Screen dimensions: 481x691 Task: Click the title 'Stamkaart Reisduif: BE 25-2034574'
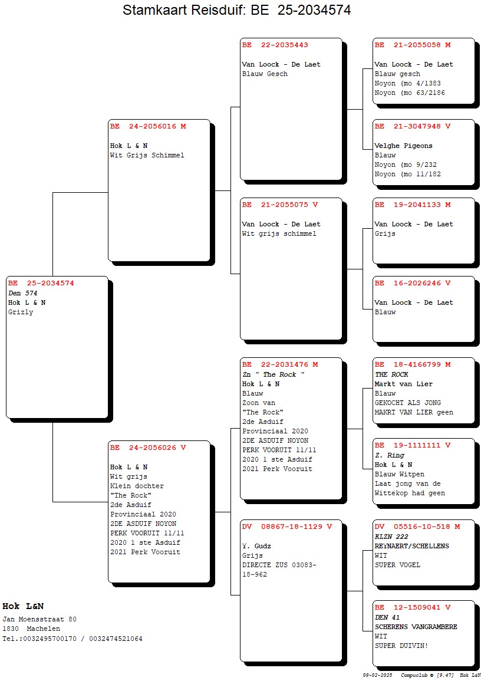[236, 9]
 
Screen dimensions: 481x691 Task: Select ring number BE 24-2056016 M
[148, 126]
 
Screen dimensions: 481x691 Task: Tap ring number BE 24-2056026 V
[148, 447]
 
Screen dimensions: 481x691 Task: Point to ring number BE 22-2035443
[275, 45]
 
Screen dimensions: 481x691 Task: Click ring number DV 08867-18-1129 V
[287, 526]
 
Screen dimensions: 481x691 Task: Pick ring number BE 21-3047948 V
[413, 126]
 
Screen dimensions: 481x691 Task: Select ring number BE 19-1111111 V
[413, 445]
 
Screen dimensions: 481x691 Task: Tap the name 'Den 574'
[23, 293]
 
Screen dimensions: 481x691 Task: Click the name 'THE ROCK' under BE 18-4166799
[391, 374]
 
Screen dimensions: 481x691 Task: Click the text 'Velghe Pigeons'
[403, 146]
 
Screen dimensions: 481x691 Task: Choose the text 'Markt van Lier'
[403, 384]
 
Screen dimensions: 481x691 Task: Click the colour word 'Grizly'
[21, 312]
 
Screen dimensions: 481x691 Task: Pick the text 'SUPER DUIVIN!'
[401, 646]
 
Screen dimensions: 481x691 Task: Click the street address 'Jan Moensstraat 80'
[39, 619]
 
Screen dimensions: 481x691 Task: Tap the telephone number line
[73, 639]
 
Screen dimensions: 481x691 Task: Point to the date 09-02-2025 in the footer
[377, 675]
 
